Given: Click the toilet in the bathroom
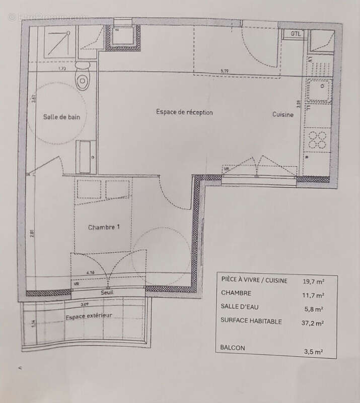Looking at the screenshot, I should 83,79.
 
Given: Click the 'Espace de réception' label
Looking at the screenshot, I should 184,112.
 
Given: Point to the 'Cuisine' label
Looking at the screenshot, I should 283,114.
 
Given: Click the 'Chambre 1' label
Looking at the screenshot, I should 104,227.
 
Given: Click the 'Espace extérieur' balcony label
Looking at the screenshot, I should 88,316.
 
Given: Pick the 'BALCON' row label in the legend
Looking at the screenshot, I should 233,348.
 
